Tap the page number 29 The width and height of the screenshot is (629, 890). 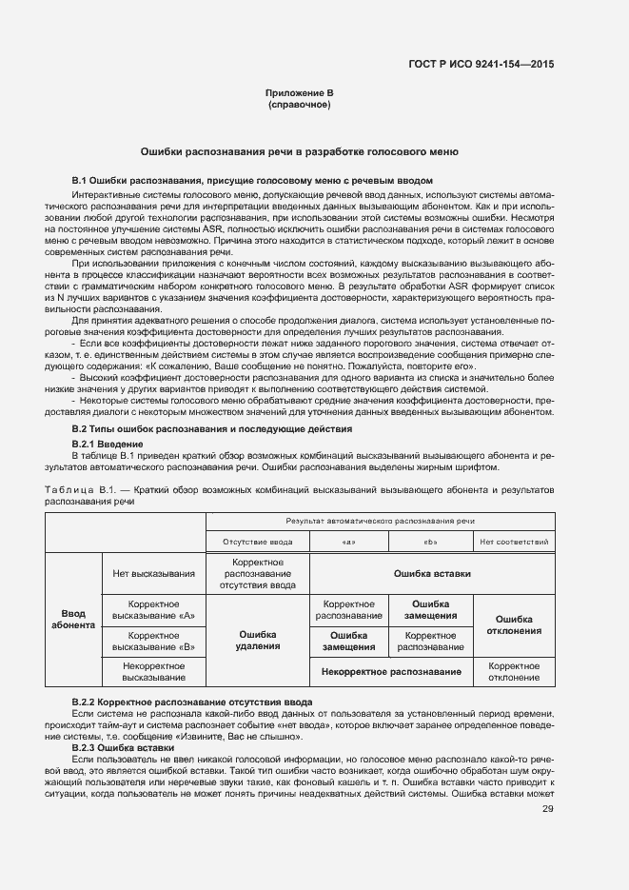547,810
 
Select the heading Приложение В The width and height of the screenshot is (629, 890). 300,93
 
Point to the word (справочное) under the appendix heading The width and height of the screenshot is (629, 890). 300,105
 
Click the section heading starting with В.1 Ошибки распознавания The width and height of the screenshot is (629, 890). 253,180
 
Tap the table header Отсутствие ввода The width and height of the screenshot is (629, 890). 258,542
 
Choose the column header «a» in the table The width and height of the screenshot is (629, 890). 348,542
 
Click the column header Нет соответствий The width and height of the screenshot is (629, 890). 515,542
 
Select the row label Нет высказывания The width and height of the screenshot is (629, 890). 154,574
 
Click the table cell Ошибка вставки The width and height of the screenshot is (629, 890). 432,574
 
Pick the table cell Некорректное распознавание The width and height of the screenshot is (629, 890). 391,672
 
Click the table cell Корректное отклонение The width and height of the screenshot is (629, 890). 515,671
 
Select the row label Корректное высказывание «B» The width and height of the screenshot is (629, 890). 154,641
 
